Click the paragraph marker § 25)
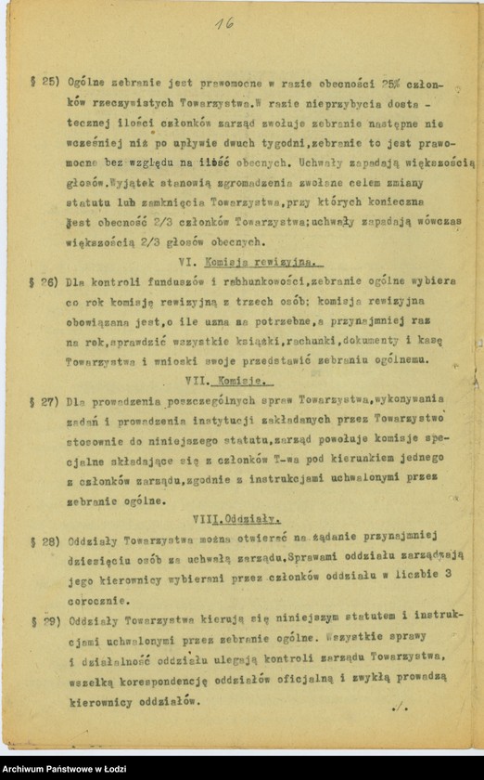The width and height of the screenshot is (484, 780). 45,82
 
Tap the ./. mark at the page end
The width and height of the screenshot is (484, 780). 400,707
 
